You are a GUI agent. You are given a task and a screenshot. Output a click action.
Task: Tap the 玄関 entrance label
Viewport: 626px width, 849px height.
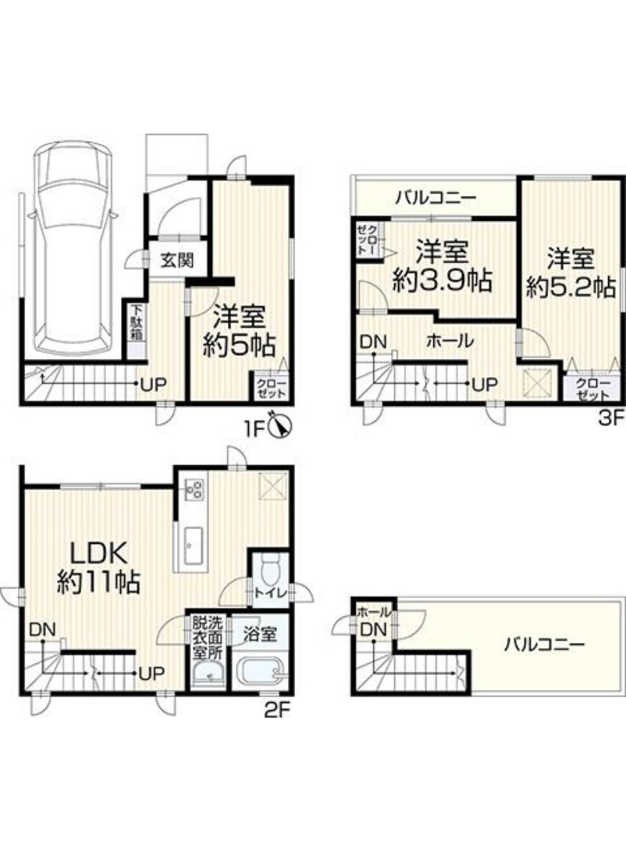(x=176, y=261)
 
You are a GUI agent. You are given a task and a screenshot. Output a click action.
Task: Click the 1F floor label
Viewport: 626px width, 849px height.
(x=255, y=428)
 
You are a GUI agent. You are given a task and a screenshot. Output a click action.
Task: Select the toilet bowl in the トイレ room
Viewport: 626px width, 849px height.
(x=269, y=570)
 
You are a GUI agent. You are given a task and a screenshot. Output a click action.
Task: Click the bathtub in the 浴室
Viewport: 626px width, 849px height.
(x=260, y=672)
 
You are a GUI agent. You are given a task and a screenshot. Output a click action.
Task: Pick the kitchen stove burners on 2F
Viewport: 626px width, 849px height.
(x=194, y=489)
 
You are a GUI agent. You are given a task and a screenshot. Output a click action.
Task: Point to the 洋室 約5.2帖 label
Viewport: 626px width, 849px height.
(x=571, y=272)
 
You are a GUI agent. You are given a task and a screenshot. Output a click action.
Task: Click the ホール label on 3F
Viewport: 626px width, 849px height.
(x=450, y=340)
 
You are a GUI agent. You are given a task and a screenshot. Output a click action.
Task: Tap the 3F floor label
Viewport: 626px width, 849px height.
(x=612, y=418)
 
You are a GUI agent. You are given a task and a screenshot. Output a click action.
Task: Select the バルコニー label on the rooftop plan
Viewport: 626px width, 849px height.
(x=546, y=645)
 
